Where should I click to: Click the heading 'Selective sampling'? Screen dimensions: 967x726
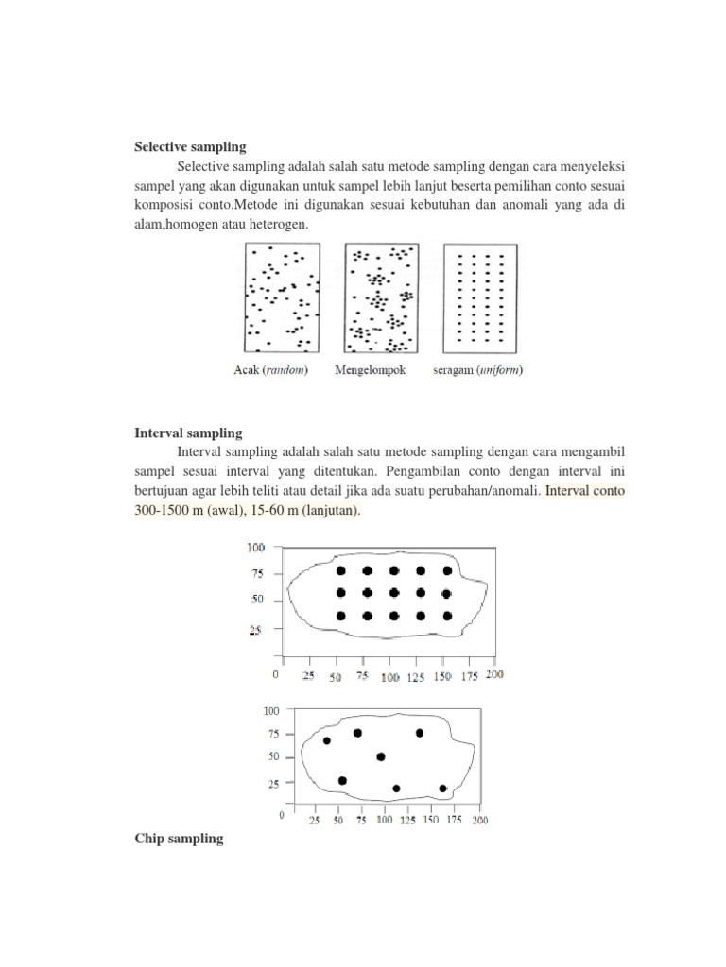click(x=189, y=147)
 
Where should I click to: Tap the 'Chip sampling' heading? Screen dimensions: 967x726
click(x=179, y=838)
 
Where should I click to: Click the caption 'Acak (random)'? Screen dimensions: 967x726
click(x=271, y=370)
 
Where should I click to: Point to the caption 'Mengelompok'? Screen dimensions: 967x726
click(x=370, y=370)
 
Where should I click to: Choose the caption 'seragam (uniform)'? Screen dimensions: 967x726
click(x=477, y=370)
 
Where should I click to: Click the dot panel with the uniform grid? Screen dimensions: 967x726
click(x=480, y=297)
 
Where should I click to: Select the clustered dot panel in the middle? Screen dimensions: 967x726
click(x=381, y=297)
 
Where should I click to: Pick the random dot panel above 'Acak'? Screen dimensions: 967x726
click(x=282, y=297)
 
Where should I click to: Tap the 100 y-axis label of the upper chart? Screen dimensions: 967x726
click(x=256, y=548)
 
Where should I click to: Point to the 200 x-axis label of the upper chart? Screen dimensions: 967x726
click(x=494, y=676)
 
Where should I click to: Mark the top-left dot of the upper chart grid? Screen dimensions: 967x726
click(x=340, y=570)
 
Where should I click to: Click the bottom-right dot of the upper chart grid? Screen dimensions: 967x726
click(x=447, y=616)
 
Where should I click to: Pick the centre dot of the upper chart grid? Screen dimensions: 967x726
click(x=394, y=593)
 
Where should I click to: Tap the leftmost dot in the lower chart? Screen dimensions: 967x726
click(x=327, y=740)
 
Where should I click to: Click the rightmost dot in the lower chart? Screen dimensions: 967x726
click(x=442, y=788)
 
